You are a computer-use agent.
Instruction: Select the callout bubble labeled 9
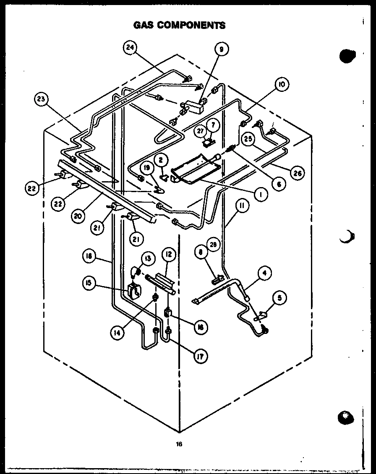221,49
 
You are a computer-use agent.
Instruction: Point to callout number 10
281,85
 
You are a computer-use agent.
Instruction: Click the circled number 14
117,333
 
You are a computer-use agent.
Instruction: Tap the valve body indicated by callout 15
135,291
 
